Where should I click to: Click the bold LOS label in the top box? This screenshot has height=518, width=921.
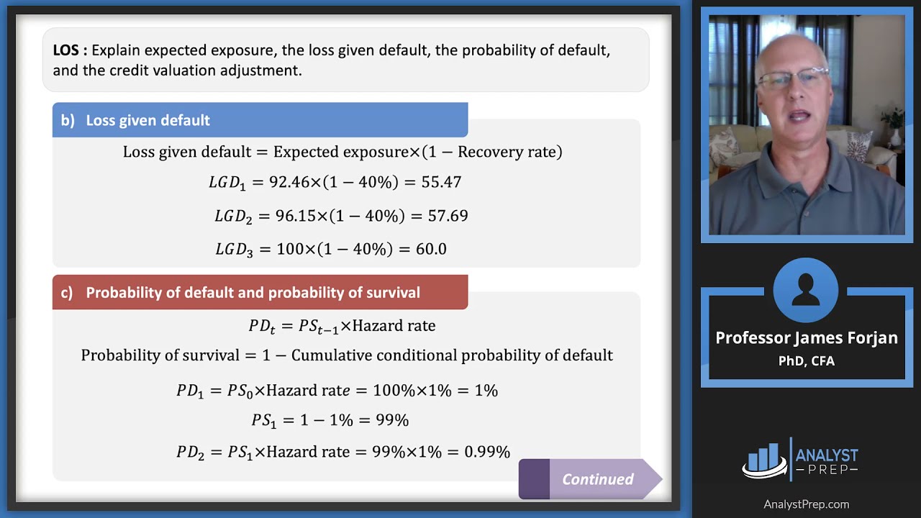click(70, 51)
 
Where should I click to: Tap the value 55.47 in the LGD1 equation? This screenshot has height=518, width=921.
click(441, 182)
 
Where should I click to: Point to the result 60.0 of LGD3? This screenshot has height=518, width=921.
click(431, 250)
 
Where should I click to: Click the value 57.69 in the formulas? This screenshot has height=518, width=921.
click(448, 216)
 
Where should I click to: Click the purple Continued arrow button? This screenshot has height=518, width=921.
click(590, 479)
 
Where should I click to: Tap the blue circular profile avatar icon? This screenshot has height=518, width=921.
click(805, 291)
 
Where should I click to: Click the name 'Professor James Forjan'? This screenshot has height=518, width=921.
click(806, 338)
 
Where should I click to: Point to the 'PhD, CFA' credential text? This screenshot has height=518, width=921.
click(806, 361)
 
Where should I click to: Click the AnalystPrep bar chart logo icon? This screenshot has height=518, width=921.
click(765, 459)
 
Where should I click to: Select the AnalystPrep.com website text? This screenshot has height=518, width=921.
click(806, 504)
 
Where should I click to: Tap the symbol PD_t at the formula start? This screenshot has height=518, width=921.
click(262, 327)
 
